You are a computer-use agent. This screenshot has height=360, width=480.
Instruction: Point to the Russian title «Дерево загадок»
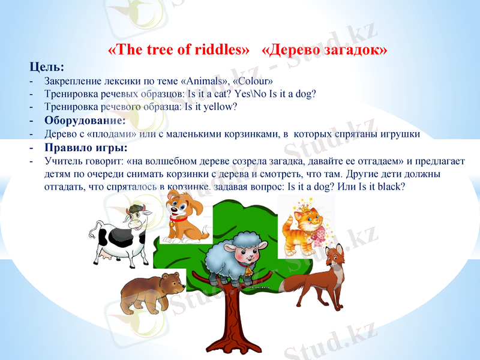tap(325, 50)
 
